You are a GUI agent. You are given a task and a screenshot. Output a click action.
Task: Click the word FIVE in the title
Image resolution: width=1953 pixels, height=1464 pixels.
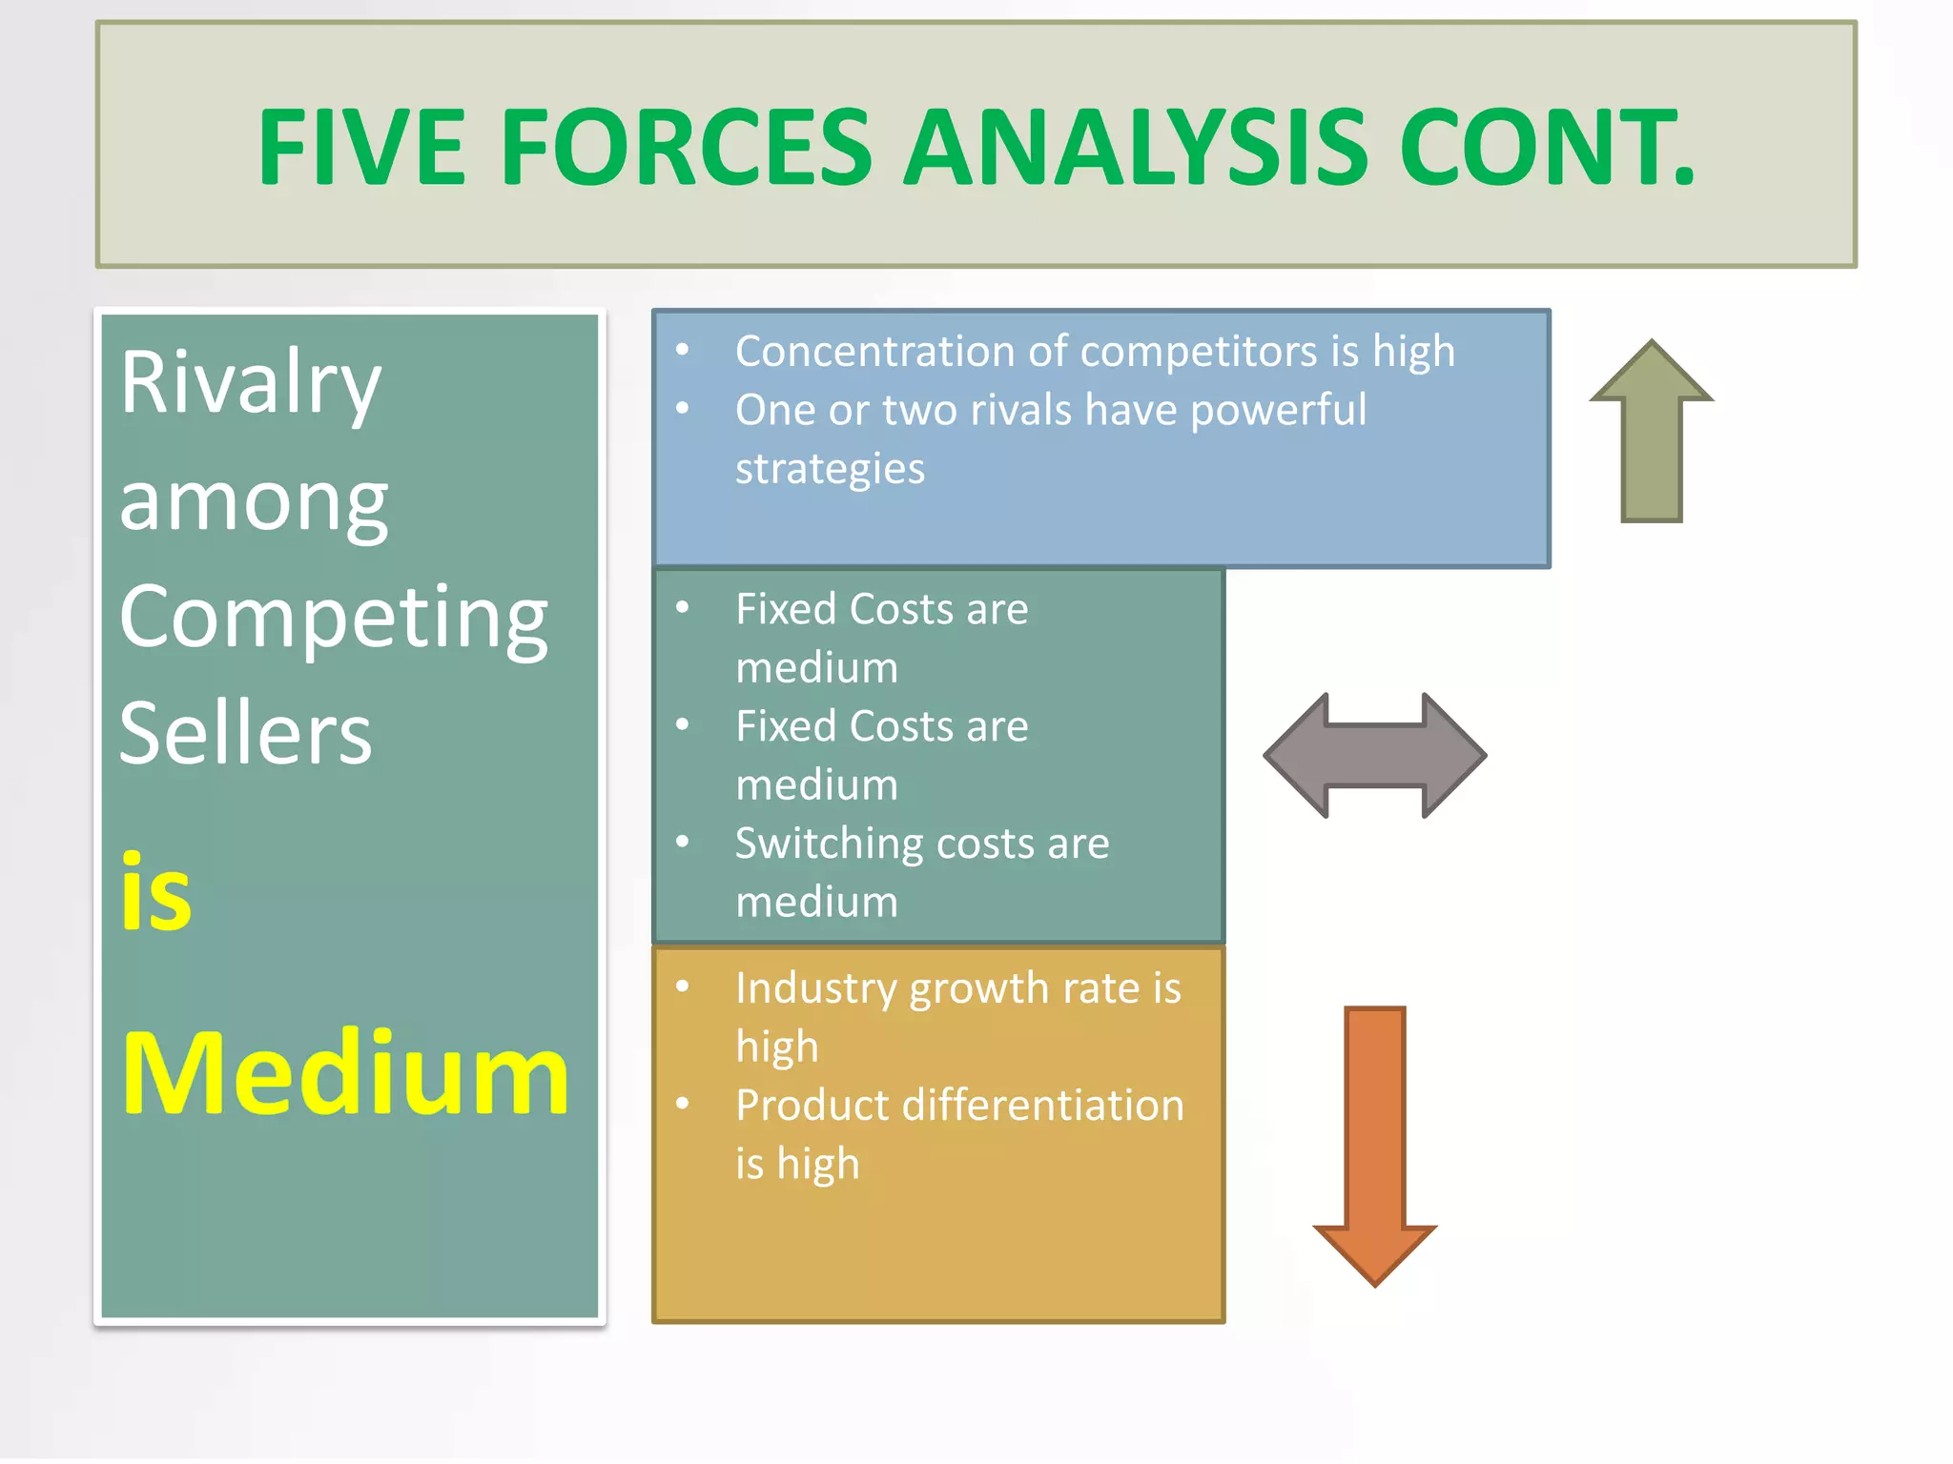click(x=361, y=148)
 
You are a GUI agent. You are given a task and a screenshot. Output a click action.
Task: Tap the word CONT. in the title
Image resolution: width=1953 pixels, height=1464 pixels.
click(x=1547, y=148)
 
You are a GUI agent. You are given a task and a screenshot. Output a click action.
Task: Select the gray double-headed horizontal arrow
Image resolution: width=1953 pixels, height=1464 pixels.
click(x=1374, y=755)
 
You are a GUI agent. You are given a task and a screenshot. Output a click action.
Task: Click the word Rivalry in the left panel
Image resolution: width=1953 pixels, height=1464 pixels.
click(x=250, y=383)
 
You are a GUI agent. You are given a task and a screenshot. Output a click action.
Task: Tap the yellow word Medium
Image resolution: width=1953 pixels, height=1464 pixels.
click(x=345, y=1074)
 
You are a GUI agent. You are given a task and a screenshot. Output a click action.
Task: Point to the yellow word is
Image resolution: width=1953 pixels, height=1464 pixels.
click(x=155, y=893)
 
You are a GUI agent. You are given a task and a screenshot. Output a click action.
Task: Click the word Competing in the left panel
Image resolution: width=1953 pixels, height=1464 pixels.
click(x=333, y=618)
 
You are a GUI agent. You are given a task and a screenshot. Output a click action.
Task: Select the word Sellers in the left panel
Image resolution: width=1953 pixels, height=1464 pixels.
click(x=245, y=734)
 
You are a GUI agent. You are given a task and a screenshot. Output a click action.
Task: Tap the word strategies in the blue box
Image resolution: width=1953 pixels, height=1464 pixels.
click(x=830, y=469)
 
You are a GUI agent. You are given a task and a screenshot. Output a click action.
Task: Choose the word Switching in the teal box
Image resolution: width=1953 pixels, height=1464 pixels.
click(x=822, y=844)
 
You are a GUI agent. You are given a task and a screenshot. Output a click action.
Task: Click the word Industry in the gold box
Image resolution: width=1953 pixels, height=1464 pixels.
click(x=815, y=989)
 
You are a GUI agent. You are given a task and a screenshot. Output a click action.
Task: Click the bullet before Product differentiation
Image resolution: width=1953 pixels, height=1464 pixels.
click(x=683, y=1104)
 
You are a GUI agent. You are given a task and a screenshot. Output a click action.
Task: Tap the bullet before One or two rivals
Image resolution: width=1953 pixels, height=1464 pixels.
click(x=683, y=409)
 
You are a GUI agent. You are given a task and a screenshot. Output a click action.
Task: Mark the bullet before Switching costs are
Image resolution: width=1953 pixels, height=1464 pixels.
click(x=683, y=842)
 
